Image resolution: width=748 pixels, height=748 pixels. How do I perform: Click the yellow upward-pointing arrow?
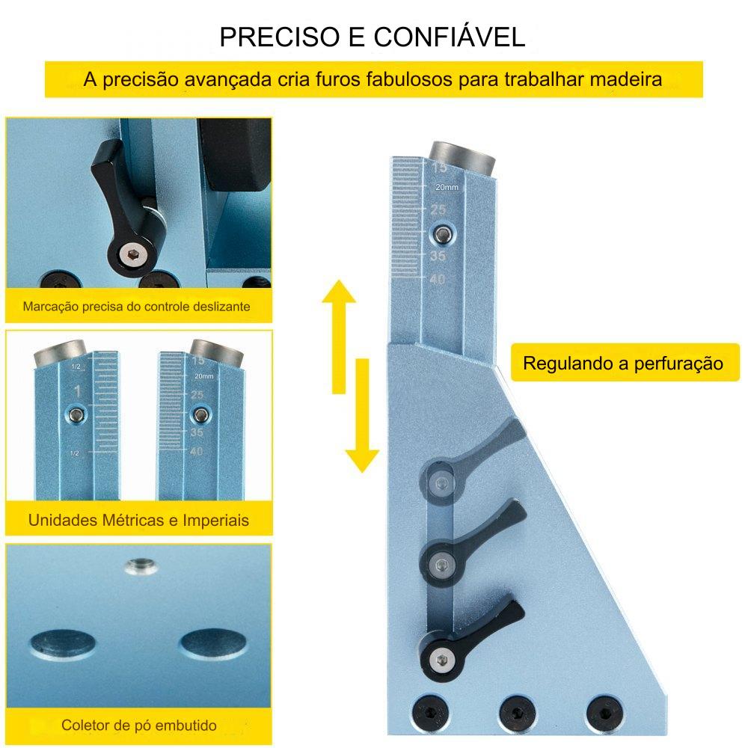click(x=339, y=337)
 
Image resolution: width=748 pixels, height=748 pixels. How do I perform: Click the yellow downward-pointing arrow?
click(x=363, y=415)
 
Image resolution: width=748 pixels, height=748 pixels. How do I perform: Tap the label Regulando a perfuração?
click(x=623, y=364)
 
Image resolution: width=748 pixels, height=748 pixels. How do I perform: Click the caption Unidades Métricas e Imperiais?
click(x=138, y=520)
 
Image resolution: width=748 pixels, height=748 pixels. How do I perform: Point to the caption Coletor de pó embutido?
click(x=139, y=726)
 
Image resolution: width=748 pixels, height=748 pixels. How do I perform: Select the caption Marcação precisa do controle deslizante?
click(x=136, y=306)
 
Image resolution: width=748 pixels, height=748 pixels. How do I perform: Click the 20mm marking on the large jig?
click(x=447, y=188)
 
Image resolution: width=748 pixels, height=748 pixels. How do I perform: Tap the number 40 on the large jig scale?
click(x=437, y=279)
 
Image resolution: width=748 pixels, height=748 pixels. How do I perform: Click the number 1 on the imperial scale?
click(x=77, y=392)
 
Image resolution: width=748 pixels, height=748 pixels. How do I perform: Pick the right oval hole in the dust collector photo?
click(x=213, y=643)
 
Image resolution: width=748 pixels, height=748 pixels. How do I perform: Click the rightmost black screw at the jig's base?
click(x=604, y=713)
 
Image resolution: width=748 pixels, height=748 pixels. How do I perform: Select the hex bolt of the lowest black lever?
click(x=442, y=660)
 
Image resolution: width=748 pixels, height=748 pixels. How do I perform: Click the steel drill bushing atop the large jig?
click(x=462, y=158)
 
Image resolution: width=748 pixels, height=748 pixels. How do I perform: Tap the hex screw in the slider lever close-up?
click(x=131, y=255)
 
